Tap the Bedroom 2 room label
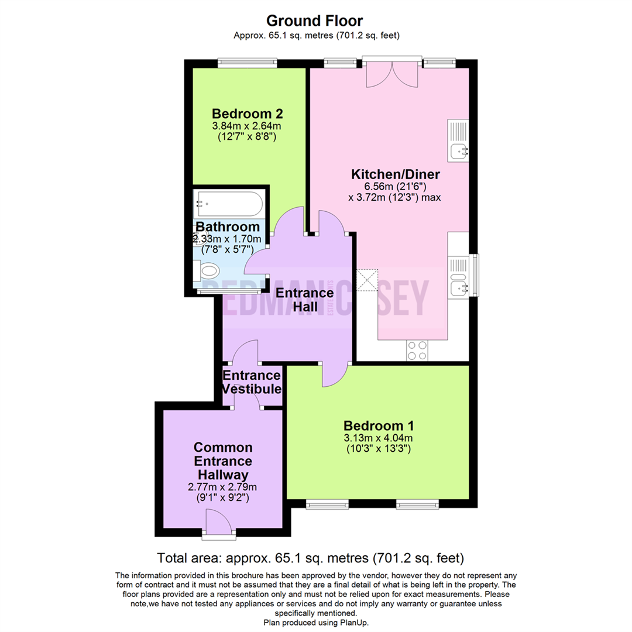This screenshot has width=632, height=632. pyautogui.click(x=243, y=113)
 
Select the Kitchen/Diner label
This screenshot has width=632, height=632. pyautogui.click(x=395, y=174)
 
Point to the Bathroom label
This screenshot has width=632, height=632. pyautogui.click(x=228, y=226)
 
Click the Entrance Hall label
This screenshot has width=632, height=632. pyautogui.click(x=305, y=299)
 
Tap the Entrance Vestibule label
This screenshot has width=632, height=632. pyautogui.click(x=252, y=382)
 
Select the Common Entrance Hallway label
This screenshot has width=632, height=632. pyautogui.click(x=224, y=460)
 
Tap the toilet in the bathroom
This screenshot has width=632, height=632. pyautogui.click(x=208, y=272)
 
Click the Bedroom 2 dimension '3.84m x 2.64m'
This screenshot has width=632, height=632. pyautogui.click(x=243, y=126)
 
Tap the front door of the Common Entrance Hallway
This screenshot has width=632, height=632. pyautogui.click(x=219, y=522)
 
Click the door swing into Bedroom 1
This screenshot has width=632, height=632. pyautogui.click(x=334, y=375)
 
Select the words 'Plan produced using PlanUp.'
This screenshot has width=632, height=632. pyautogui.click(x=316, y=622)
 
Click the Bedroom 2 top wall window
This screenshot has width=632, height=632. pyautogui.click(x=246, y=60)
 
